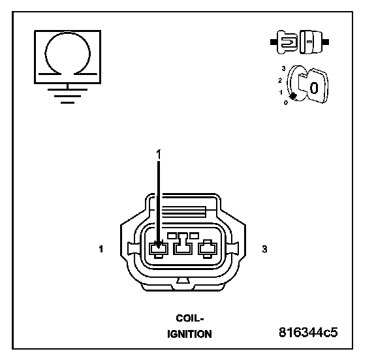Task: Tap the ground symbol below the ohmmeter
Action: (x=68, y=95)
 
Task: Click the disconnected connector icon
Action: (x=300, y=42)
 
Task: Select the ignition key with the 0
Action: (x=313, y=85)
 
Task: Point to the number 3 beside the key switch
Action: (x=284, y=68)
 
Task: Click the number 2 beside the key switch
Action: (x=280, y=80)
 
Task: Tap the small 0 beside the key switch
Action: (x=286, y=103)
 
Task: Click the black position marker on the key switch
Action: (x=292, y=97)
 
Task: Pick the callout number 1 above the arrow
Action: (x=159, y=155)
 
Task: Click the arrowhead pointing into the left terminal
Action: (x=158, y=245)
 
